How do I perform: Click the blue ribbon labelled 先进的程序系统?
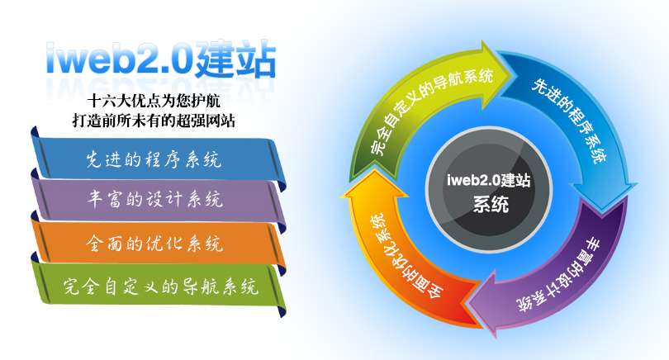[x=158, y=159]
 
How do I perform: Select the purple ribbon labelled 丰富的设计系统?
[x=158, y=200]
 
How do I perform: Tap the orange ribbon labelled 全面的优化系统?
[x=158, y=243]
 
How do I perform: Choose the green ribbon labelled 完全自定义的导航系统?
[x=158, y=286]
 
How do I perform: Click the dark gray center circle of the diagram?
[x=489, y=190]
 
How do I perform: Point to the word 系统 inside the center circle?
[x=491, y=204]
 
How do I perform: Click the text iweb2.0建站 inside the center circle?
[x=488, y=180]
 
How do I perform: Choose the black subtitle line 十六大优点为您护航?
[x=154, y=101]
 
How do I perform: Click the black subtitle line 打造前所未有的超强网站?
[x=154, y=121]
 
